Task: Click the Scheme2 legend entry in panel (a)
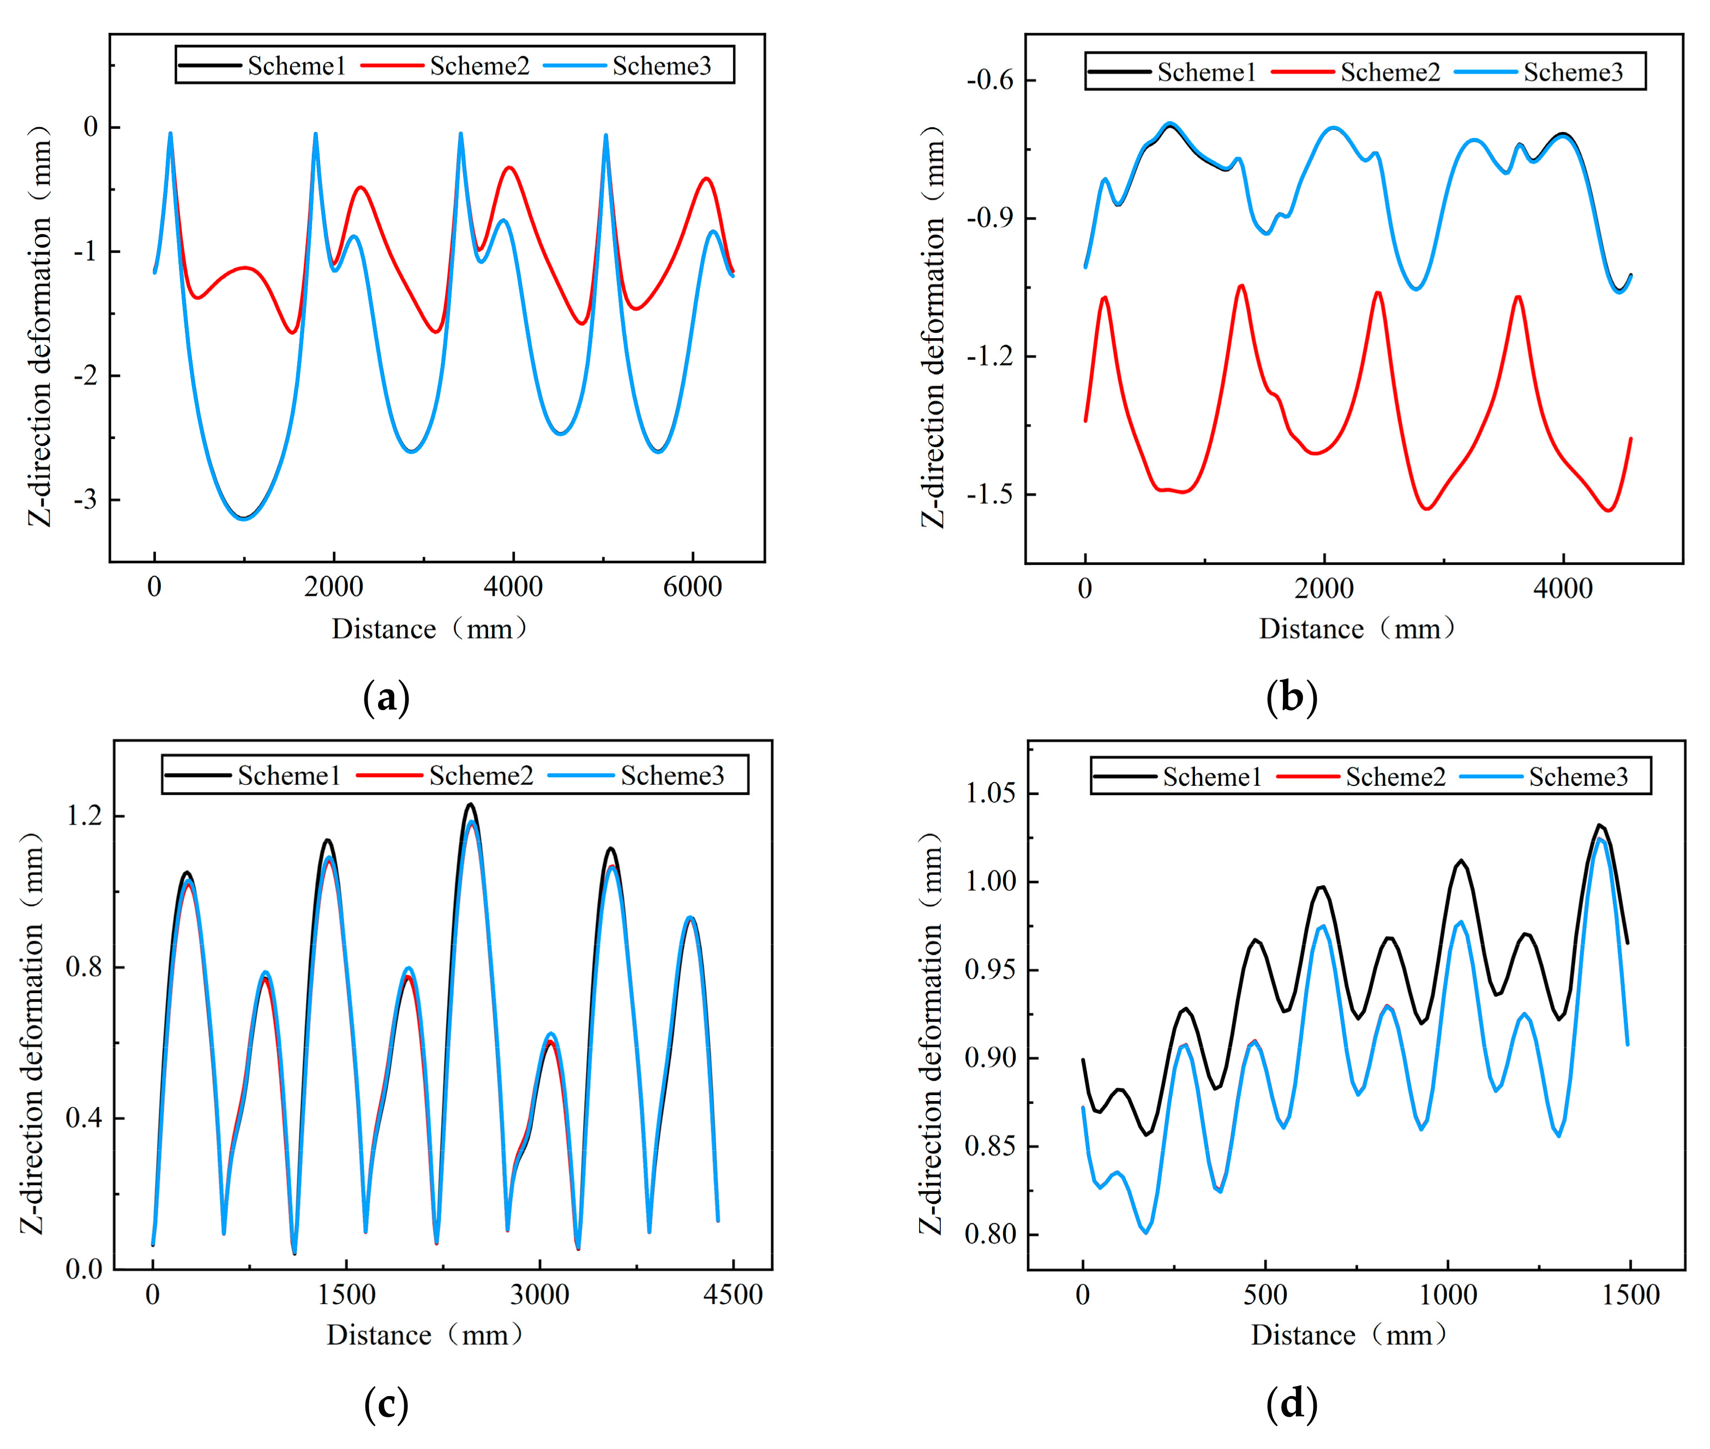446,65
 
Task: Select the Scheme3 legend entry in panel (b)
1538,73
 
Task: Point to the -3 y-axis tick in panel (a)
86,500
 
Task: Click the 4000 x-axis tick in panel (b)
1563,588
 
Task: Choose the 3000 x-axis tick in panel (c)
540,1295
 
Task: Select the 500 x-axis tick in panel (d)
1264,1295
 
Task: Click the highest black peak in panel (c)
470,804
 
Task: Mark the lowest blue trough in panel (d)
1145,1232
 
